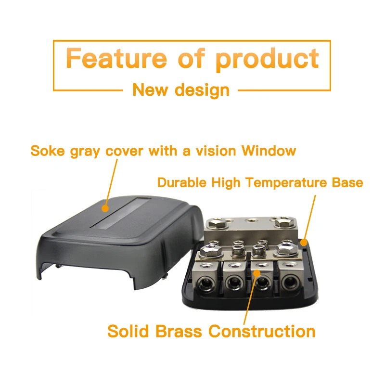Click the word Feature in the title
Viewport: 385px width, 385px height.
(116, 58)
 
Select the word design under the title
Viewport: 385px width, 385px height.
(202, 90)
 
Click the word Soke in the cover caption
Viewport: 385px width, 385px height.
(47, 151)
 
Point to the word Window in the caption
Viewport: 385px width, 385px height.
(269, 151)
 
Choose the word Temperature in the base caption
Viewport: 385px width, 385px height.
(286, 183)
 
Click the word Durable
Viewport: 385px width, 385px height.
(182, 182)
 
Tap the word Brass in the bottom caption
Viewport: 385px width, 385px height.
(179, 331)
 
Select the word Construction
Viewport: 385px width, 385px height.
(262, 331)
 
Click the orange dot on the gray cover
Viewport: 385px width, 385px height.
(105, 208)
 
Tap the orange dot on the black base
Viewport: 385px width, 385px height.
(304, 243)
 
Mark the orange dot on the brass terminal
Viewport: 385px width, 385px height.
(257, 273)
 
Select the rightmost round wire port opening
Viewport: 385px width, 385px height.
(290, 282)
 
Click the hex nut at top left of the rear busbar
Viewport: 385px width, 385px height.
(215, 223)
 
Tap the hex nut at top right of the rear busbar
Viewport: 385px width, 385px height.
(283, 222)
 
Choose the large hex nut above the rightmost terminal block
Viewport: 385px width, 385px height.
(286, 249)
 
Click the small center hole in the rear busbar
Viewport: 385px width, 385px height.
(250, 220)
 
